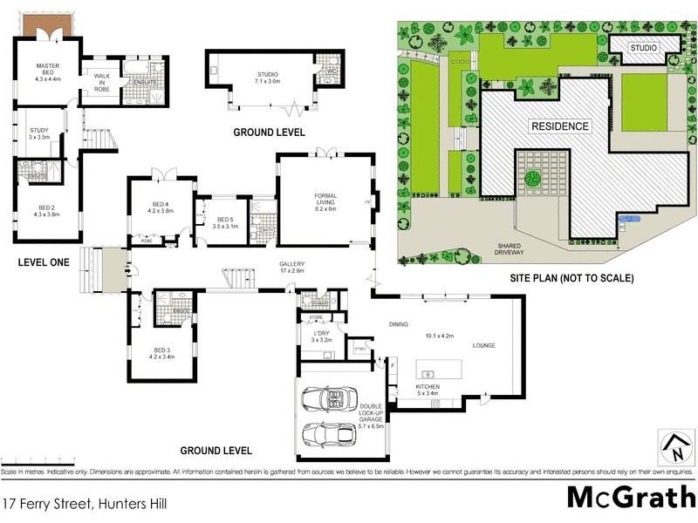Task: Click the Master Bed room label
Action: [45, 71]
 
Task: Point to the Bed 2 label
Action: [45, 210]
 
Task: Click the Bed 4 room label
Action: [162, 207]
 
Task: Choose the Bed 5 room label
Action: [225, 222]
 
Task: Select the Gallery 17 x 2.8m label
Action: [291, 267]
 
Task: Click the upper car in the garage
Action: [332, 400]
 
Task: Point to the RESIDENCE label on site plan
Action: [560, 126]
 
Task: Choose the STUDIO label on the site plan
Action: [645, 46]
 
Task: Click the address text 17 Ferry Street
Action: [85, 503]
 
